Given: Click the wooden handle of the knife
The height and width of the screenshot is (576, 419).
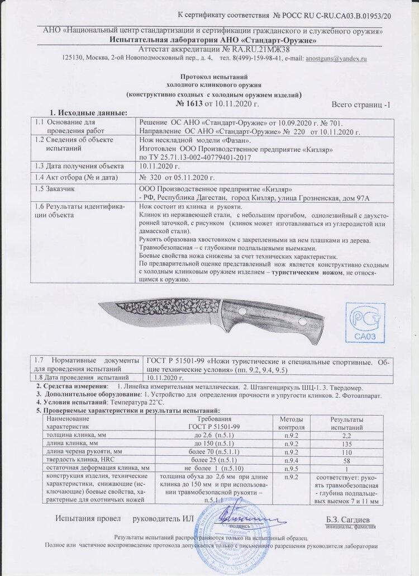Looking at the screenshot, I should pyautogui.click(x=274, y=321).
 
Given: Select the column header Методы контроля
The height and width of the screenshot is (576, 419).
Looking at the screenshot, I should pyautogui.click(x=291, y=423).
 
